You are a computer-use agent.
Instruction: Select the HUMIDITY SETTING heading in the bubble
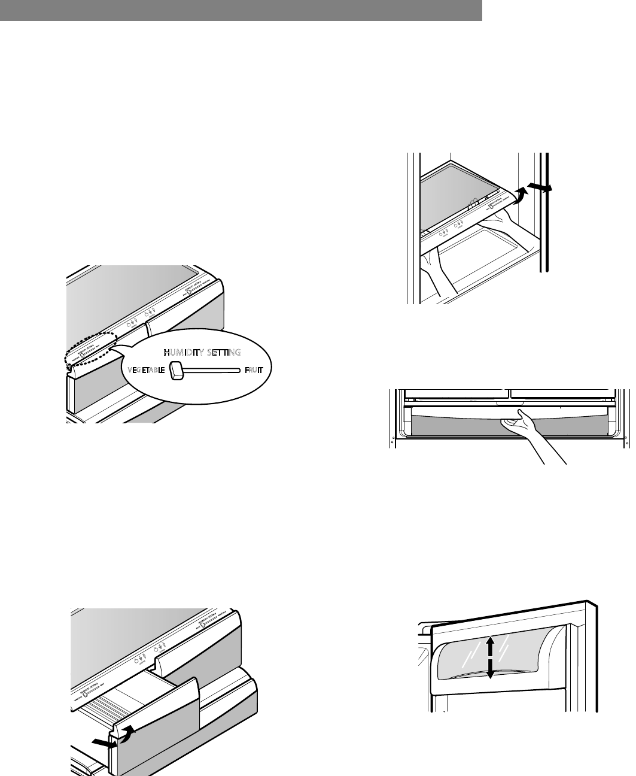point(202,352)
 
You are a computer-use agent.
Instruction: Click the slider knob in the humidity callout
point(177,371)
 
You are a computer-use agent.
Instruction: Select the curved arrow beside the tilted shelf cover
point(522,195)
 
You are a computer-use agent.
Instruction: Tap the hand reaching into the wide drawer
point(527,431)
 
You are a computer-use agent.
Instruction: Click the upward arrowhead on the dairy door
point(489,641)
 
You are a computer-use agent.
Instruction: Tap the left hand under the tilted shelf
point(434,269)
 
